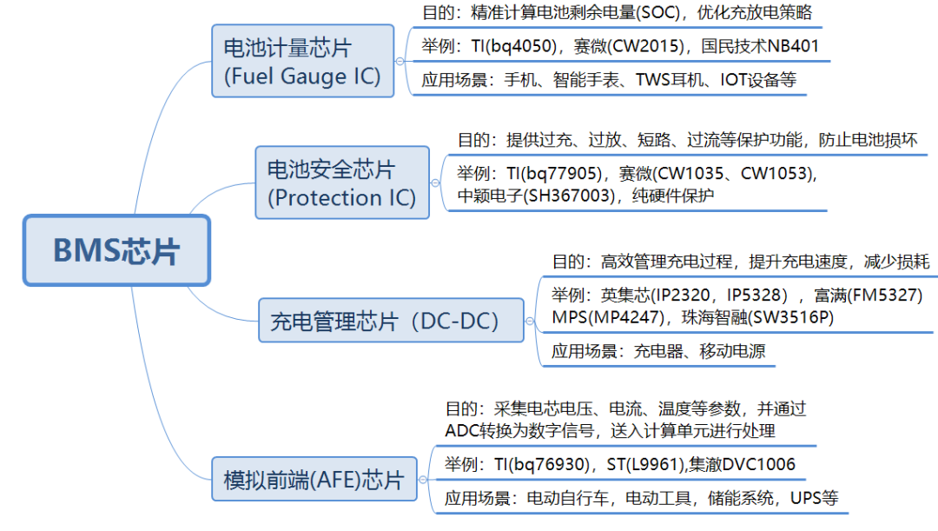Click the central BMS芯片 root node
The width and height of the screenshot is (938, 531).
116,250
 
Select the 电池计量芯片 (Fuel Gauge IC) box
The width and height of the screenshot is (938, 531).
302,61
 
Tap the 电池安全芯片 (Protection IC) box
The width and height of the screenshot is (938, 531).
341,183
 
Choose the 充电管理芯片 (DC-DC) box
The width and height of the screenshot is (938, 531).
391,322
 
